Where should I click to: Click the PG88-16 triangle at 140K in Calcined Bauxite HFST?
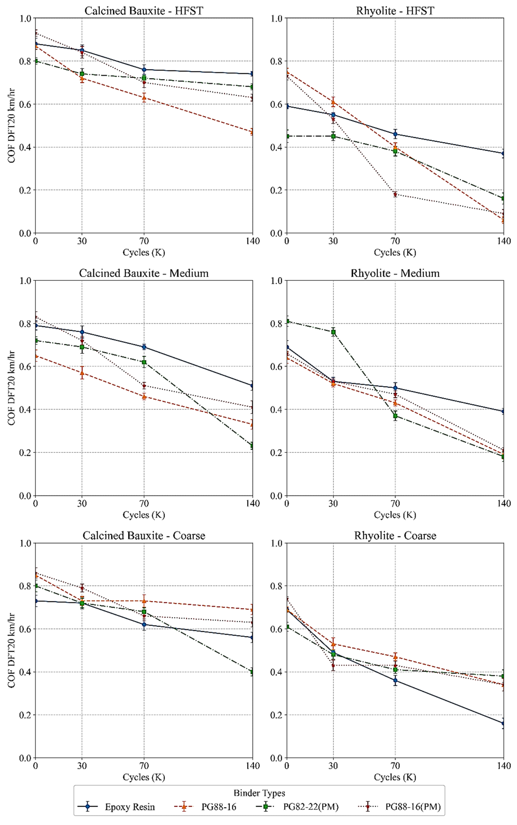[252, 132]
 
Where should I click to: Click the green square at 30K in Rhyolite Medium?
[333, 332]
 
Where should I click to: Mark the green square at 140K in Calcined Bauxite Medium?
[252, 446]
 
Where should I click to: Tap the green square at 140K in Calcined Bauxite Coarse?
[252, 672]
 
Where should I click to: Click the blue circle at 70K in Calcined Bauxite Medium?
[144, 347]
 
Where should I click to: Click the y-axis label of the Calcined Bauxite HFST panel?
[12, 126]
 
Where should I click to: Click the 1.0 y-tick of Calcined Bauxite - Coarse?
[25, 543]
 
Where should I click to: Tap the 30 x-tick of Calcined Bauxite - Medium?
[82, 504]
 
